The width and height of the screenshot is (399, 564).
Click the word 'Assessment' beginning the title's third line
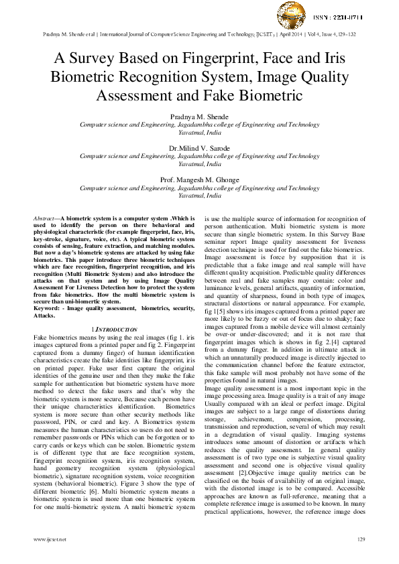136,96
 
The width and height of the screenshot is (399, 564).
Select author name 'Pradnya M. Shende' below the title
199,117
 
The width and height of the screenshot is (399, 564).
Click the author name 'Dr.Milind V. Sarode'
199,148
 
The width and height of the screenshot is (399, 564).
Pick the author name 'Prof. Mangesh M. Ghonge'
199,180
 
